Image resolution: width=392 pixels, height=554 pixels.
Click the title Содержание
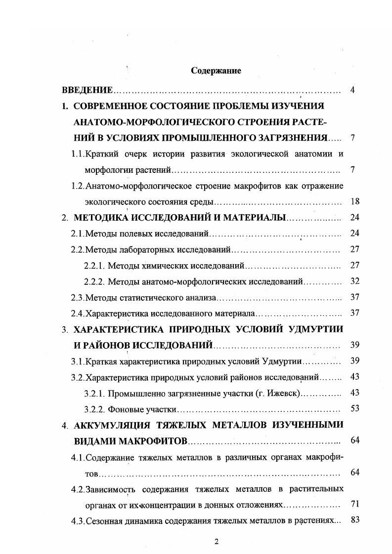pyautogui.click(x=216, y=71)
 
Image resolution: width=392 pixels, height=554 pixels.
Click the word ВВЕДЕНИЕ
pyautogui.click(x=87, y=90)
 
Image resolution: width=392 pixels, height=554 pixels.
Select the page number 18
pyautogui.click(x=354, y=201)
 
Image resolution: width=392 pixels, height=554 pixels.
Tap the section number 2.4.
pyautogui.click(x=77, y=313)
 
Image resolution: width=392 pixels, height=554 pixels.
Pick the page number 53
pyautogui.click(x=354, y=408)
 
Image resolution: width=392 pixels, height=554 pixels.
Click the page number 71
pyautogui.click(x=354, y=504)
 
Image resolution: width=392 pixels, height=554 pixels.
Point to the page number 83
pyautogui.click(x=354, y=520)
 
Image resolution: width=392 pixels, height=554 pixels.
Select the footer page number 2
pyautogui.click(x=216, y=542)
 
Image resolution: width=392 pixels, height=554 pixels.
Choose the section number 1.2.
pyautogui.click(x=77, y=186)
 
